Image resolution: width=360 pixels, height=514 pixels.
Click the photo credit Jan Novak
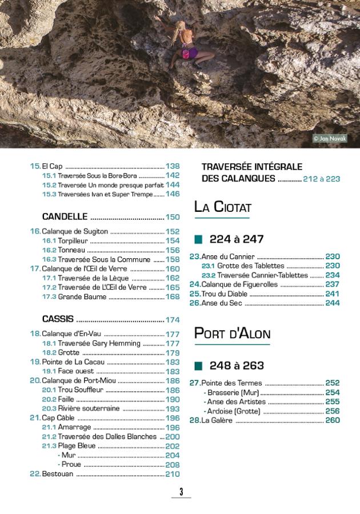point(330,138)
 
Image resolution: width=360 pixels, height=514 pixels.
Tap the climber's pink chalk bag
point(189,53)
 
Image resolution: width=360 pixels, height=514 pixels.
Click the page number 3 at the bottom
point(181,492)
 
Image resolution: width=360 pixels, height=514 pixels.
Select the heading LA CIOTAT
point(222,206)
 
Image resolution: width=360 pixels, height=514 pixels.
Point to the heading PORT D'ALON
point(232,334)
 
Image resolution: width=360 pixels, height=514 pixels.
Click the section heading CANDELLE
point(65,217)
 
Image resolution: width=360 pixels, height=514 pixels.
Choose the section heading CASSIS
point(59,319)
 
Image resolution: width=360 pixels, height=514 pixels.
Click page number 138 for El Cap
point(173,167)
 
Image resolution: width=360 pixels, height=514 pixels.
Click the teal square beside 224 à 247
point(199,239)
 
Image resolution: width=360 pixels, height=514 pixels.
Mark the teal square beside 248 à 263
point(199,366)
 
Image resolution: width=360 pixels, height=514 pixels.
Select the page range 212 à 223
point(322,179)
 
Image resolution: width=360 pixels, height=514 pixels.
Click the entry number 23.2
point(209,275)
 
